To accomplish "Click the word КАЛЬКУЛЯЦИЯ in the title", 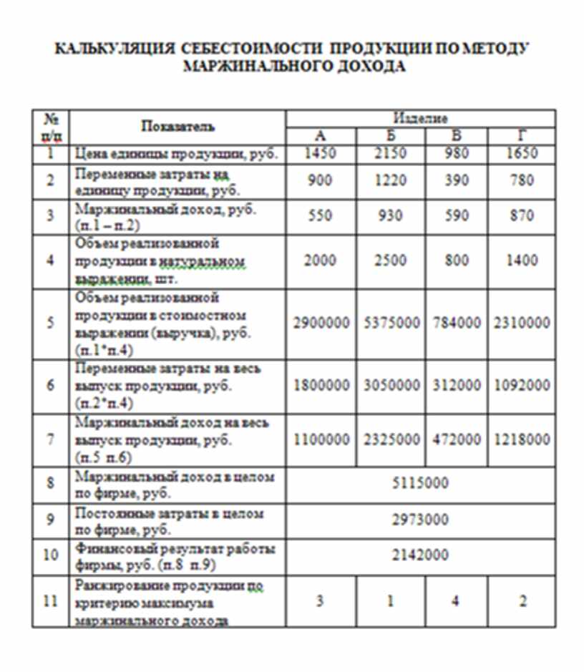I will pos(115,49).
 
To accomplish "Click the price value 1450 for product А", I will pos(320,154).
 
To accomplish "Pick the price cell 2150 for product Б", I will pos(389,154).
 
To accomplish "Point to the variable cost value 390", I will pos(457,180).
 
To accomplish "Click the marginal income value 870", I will pos(522,215).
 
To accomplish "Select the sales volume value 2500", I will pos(389,260).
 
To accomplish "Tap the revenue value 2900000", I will pos(321,323).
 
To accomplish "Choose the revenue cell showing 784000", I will pos(457,323).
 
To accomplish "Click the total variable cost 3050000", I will pos(389,385).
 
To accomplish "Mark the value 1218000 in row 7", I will pos(522,439).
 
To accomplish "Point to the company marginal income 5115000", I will pos(420,483).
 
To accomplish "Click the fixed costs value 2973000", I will pos(420,520).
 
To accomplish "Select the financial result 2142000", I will pos(420,555).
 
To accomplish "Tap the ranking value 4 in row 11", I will pos(456,601).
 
